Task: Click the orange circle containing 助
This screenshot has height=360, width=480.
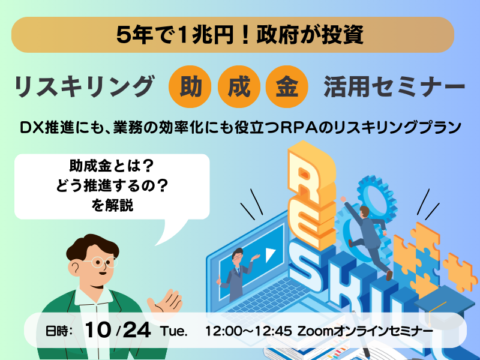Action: [190, 86]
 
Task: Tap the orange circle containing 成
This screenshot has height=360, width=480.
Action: [239, 86]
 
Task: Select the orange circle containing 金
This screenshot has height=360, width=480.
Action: [287, 86]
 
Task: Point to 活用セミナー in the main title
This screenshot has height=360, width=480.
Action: [394, 87]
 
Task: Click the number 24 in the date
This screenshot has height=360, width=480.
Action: [137, 330]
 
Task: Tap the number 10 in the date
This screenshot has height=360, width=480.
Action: [98, 330]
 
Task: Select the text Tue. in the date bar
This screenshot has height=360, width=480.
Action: [173, 331]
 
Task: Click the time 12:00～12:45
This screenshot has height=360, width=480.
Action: [248, 331]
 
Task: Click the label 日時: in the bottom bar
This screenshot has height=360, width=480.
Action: [59, 331]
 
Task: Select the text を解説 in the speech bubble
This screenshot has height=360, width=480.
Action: [112, 205]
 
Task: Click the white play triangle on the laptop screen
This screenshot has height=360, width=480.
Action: [271, 254]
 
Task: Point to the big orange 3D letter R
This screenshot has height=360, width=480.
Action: [310, 178]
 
